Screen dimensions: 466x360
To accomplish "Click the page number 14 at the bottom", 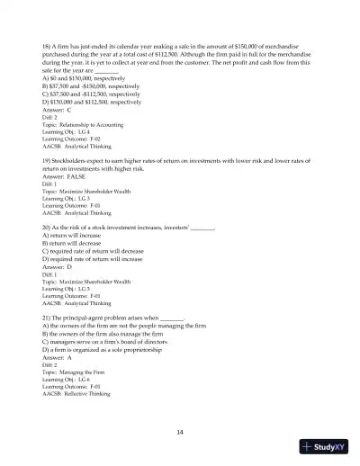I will pyautogui.click(x=180, y=432).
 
